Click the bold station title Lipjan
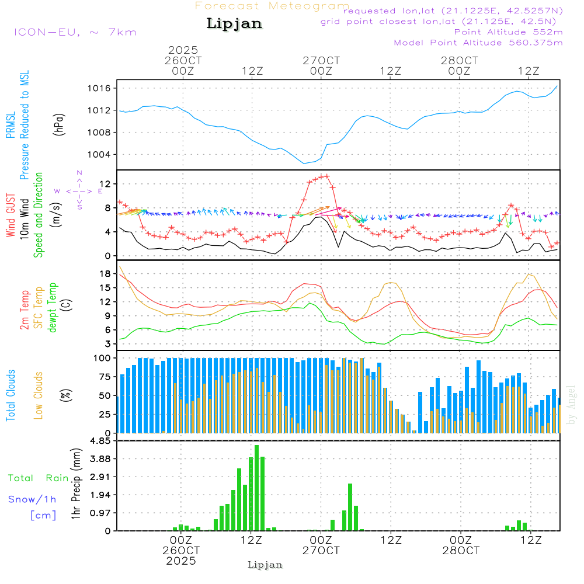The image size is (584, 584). point(234,24)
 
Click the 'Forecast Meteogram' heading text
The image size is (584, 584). point(272,6)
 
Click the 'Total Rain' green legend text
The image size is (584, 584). point(39,478)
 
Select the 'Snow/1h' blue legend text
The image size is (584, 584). point(33,499)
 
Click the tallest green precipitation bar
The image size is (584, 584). point(256,488)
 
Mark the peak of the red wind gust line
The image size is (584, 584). point(326,176)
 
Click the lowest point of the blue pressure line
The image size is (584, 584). point(304,164)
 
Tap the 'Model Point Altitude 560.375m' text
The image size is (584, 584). point(478,43)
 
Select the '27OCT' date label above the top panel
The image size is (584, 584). point(321,60)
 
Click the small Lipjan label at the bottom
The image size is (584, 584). point(265,565)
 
